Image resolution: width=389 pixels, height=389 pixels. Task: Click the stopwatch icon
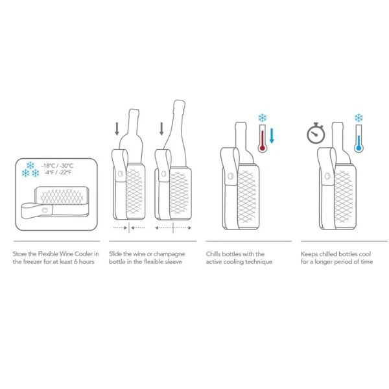click(316, 133)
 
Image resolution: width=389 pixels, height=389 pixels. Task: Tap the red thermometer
click(262, 138)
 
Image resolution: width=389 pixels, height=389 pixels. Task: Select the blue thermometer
click(359, 138)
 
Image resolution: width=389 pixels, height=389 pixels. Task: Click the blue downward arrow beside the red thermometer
click(272, 136)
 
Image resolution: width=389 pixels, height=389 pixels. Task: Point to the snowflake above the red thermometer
click(262, 117)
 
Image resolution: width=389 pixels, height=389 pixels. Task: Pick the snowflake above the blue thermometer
click(359, 117)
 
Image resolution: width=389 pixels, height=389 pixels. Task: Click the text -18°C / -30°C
click(58, 166)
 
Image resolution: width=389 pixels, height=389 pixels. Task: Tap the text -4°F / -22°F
click(58, 172)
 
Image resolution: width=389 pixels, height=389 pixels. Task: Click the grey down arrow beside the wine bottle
click(117, 129)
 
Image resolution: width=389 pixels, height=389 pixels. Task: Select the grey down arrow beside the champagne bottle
click(161, 129)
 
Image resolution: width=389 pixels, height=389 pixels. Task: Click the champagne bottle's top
click(180, 101)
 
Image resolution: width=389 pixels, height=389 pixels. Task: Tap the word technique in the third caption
click(259, 262)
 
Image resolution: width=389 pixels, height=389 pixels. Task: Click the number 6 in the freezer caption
click(76, 262)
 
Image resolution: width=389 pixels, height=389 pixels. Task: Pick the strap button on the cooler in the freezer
click(45, 210)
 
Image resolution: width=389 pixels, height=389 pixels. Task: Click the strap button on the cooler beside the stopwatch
click(327, 176)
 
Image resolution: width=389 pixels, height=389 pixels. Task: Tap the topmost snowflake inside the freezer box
click(30, 165)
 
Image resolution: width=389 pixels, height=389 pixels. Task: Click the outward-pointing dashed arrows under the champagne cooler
click(173, 228)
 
